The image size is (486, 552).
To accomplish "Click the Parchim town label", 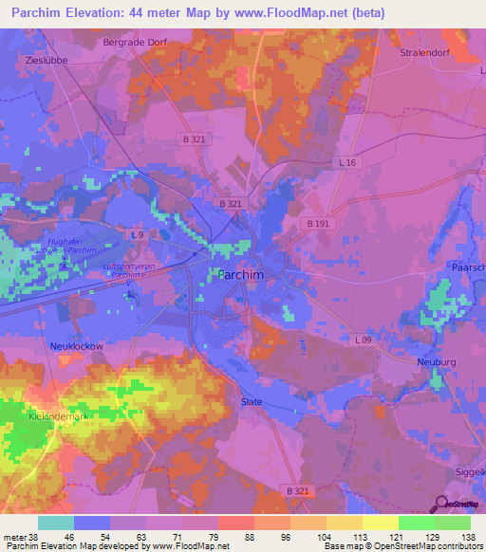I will [x=241, y=274].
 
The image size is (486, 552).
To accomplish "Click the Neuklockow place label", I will [x=77, y=347].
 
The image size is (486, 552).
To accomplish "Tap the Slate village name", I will [x=251, y=400].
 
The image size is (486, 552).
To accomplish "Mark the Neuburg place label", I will [x=437, y=362].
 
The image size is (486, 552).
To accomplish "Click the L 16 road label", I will [x=348, y=163].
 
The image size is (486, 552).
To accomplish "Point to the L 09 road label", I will [x=364, y=340].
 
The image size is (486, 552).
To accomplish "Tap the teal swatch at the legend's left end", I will [x=55, y=522].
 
